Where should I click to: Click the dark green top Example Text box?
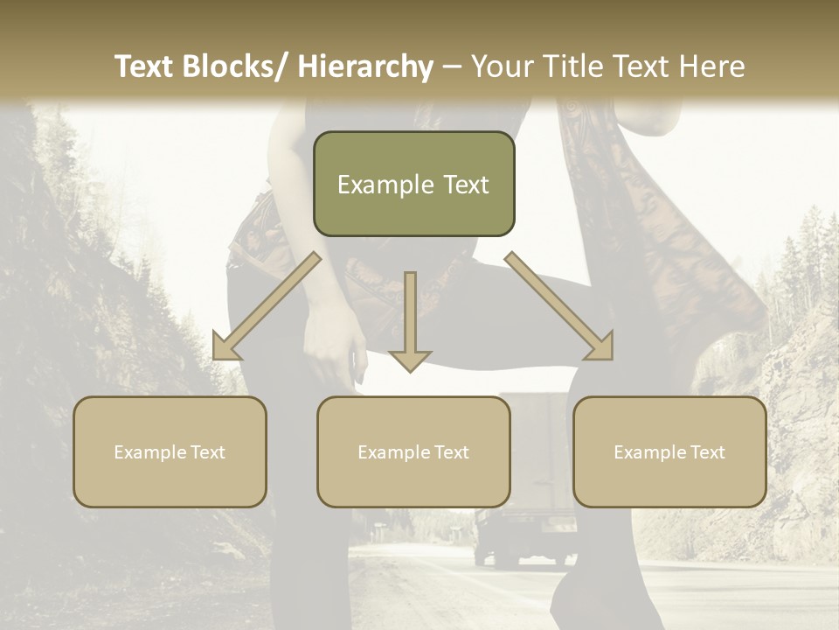pos(413,184)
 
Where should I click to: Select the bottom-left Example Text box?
pos(170,451)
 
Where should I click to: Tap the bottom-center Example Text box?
pos(413,451)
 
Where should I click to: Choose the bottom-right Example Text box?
pos(669,451)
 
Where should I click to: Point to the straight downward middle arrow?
pos(410,319)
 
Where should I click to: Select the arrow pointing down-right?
pos(560,306)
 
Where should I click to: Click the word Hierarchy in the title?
pos(365,67)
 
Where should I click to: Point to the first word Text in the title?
pos(144,67)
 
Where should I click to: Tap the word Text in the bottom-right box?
pos(706,452)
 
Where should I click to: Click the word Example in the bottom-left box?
pos(150,452)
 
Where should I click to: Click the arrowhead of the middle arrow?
pos(410,360)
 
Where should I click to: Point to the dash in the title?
pos(452,67)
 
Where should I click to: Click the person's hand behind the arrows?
pos(336,354)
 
